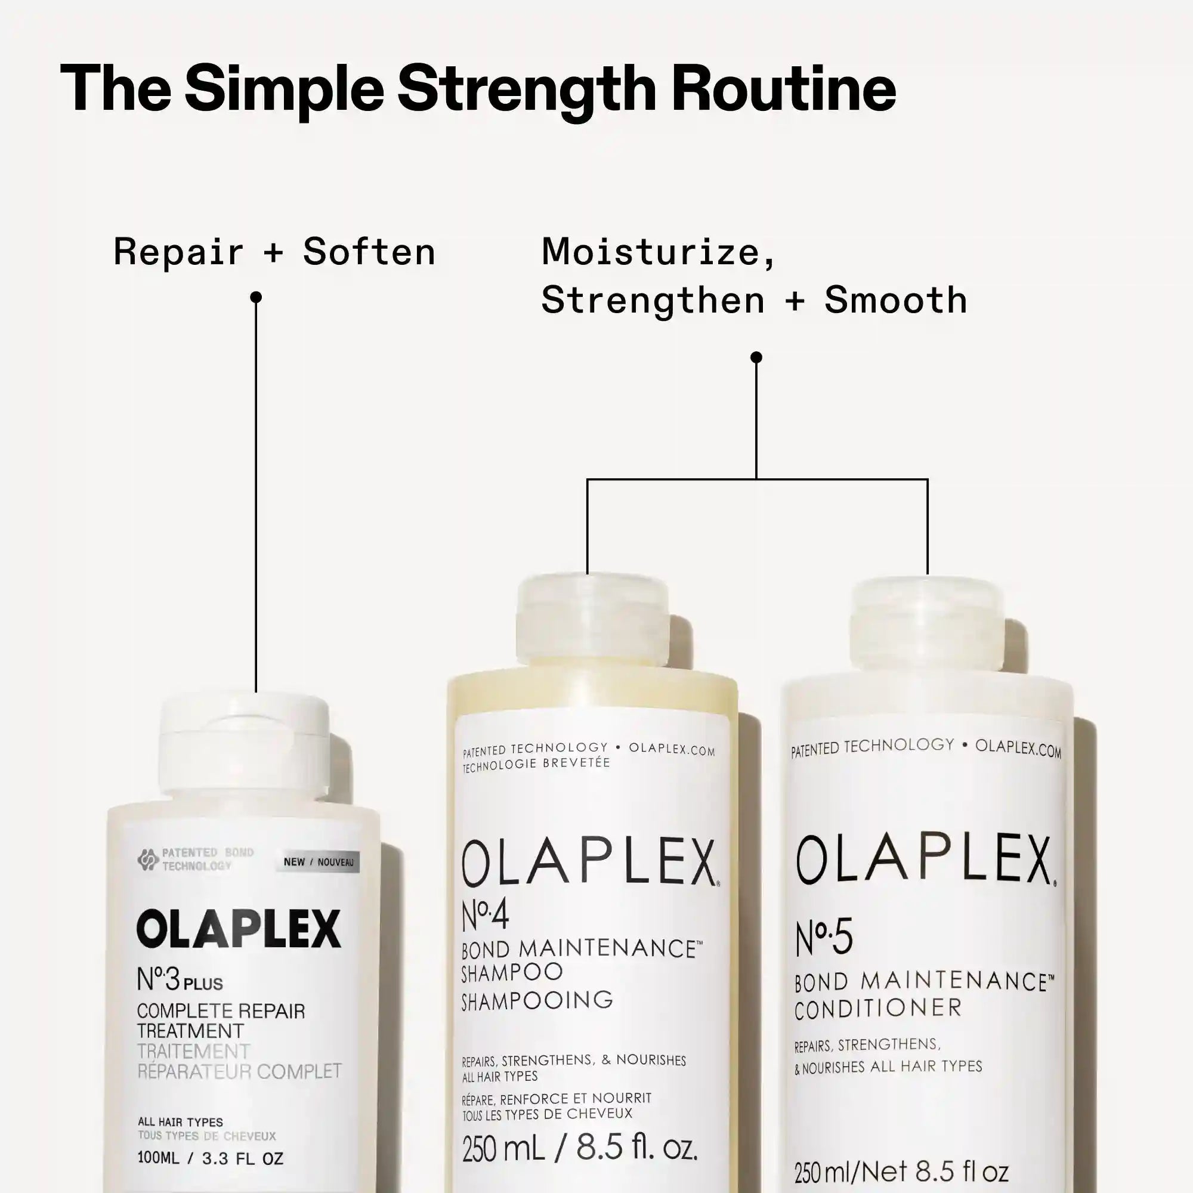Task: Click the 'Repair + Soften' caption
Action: point(275,252)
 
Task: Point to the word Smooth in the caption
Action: point(895,300)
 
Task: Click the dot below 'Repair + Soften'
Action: point(256,298)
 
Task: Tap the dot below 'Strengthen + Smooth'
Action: point(756,357)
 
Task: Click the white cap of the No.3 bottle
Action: point(245,749)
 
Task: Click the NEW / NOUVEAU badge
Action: point(318,862)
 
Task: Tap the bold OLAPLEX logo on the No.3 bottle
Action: point(239,929)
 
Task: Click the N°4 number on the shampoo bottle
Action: point(486,914)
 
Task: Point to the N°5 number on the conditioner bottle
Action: point(824,937)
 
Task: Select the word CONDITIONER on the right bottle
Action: point(878,1008)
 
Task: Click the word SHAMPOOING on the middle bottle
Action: point(537,1000)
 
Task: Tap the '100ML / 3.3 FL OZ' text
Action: point(211,1158)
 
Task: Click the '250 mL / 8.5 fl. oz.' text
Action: point(580,1148)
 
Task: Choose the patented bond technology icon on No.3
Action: point(147,859)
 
